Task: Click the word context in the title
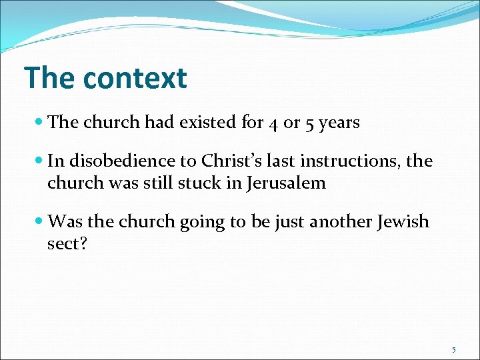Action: [x=135, y=78]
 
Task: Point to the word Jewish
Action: [x=399, y=221]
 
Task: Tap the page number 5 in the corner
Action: [x=454, y=349]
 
